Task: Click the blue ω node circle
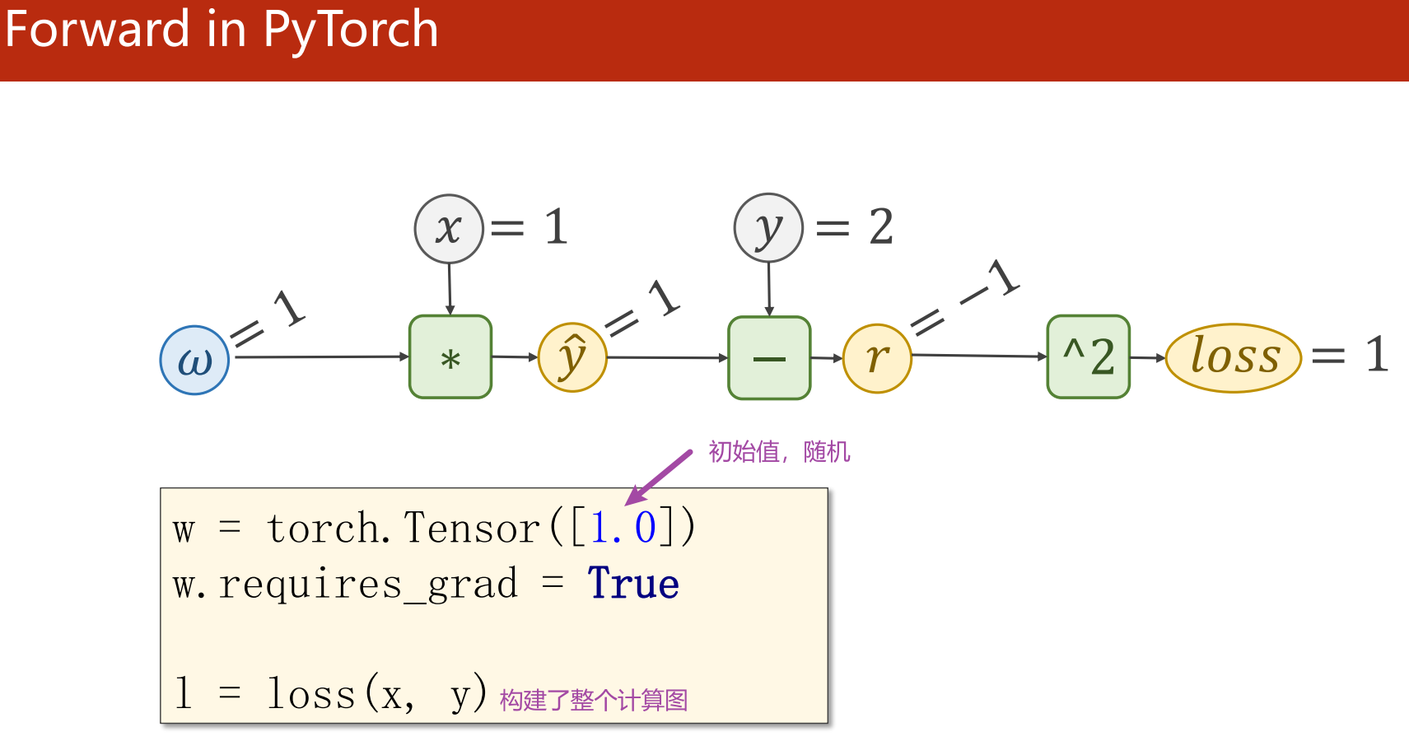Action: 194,360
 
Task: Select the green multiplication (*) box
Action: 450,357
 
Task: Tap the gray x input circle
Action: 449,229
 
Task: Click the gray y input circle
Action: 768,228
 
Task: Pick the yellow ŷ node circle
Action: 572,357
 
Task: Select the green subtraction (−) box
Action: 769,358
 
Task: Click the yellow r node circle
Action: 878,358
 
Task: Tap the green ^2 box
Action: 1088,357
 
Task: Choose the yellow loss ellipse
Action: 1234,357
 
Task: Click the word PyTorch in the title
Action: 351,30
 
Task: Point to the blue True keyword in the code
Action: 632,584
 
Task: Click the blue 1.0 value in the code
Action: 623,528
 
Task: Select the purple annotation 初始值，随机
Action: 779,452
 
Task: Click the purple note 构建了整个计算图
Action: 593,701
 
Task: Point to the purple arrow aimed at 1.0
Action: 659,478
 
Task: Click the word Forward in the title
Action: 97,30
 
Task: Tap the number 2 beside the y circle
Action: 881,227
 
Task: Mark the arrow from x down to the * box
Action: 450,288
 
